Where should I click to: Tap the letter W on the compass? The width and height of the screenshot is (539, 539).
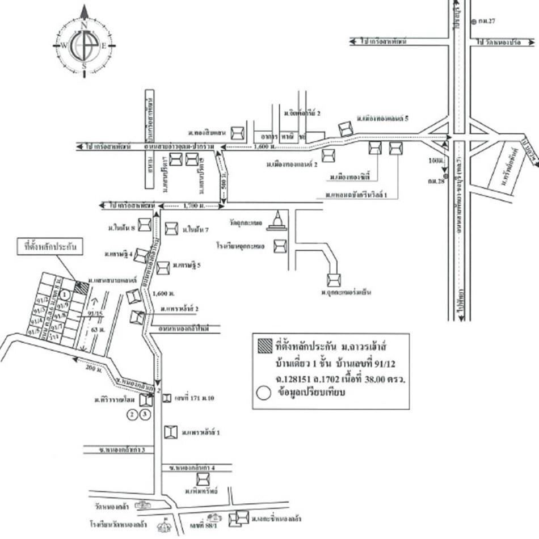[x=64, y=46]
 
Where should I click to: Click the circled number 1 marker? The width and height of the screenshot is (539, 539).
[x=66, y=294]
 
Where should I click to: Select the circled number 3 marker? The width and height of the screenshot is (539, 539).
[x=145, y=415]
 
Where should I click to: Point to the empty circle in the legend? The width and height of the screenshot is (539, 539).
[x=263, y=392]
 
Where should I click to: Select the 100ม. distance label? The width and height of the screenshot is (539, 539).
[x=436, y=162]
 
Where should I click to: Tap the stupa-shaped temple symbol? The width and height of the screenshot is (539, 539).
[x=277, y=221]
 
